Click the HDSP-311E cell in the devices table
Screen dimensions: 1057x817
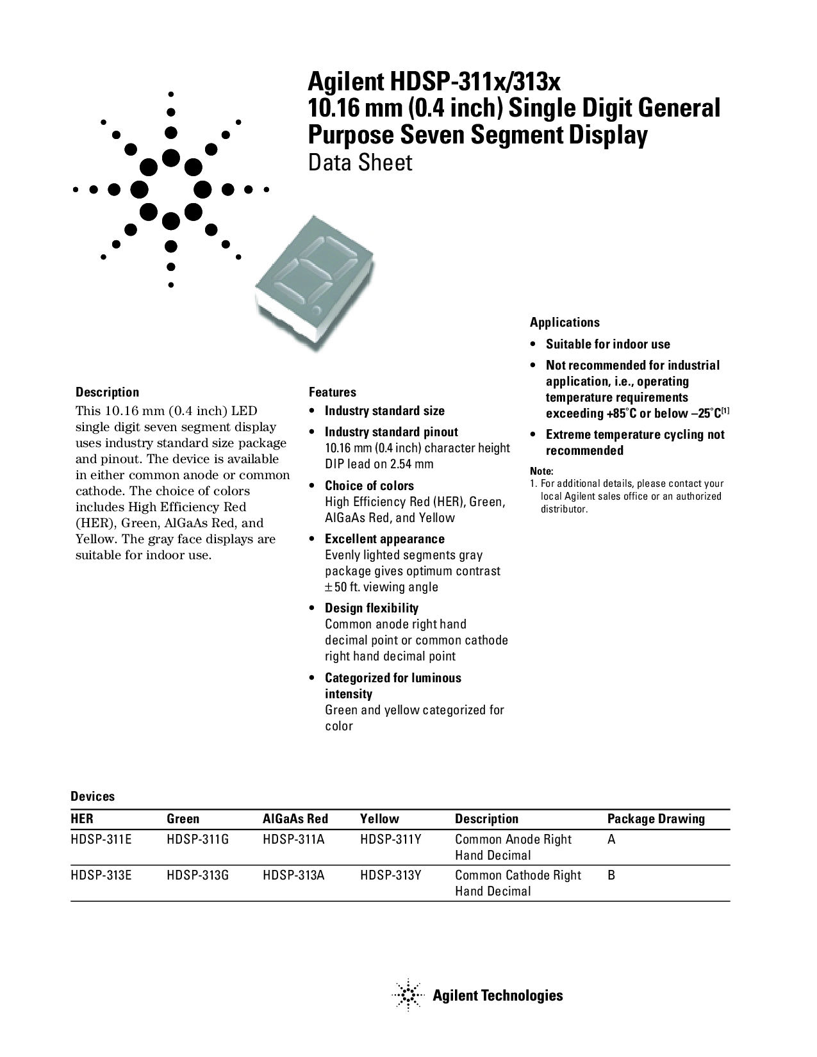click(x=101, y=839)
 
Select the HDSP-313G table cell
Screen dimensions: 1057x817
click(x=197, y=875)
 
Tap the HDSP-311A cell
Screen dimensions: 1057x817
click(x=293, y=839)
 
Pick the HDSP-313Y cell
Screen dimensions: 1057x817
click(x=390, y=875)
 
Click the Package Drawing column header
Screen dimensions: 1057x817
click(x=656, y=819)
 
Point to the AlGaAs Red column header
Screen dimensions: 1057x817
click(x=295, y=819)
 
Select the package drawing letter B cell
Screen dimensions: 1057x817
click(x=611, y=875)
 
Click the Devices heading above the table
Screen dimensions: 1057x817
click(x=92, y=796)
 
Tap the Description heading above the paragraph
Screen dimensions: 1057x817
click(x=107, y=392)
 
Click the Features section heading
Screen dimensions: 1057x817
click(x=332, y=392)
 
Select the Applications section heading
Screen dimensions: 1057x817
click(x=565, y=322)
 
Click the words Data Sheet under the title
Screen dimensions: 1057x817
click(x=360, y=163)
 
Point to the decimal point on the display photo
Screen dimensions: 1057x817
click(x=316, y=311)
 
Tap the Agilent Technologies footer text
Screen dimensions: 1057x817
click(x=497, y=996)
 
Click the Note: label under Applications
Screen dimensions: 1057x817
click(x=541, y=471)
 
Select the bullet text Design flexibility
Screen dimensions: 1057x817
click(x=371, y=608)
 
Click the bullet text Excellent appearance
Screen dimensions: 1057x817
click(x=384, y=539)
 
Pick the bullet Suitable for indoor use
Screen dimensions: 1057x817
click(x=607, y=344)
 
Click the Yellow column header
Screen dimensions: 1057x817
click(x=379, y=819)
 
